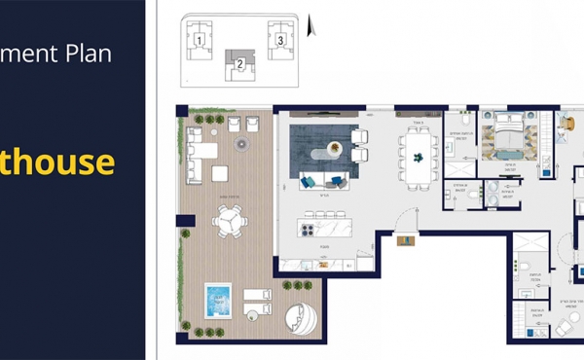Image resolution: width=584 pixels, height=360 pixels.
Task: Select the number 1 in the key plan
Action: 199,41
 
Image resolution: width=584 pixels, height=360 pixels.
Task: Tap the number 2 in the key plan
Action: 238,64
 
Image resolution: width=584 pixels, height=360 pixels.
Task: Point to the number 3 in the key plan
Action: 280,41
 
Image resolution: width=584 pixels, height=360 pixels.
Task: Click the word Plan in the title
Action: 90,52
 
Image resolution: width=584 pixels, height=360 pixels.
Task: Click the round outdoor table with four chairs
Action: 231,224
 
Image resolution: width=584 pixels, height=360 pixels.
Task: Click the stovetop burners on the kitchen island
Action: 309,230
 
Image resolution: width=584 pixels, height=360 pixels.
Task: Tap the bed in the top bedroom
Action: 506,135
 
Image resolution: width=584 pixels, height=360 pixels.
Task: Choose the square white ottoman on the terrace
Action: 220,173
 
